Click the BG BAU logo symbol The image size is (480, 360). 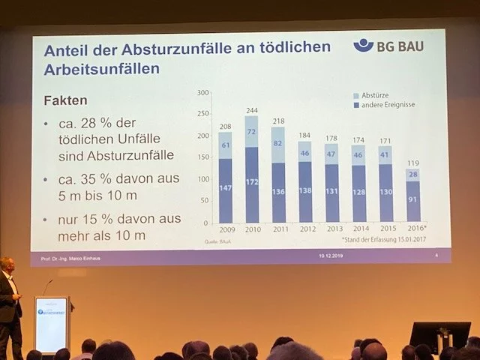pyautogui.click(x=364, y=45)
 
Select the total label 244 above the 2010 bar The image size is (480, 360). pyautogui.click(x=251, y=110)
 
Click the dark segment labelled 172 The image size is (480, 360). pyautogui.click(x=251, y=183)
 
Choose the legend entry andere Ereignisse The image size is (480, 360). pyautogui.click(x=384, y=105)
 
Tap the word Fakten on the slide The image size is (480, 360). pyautogui.click(x=66, y=100)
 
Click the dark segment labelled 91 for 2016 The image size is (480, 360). pyautogui.click(x=412, y=200)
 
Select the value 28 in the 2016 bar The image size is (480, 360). pyautogui.click(x=412, y=175)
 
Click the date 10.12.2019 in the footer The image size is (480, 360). pyautogui.click(x=331, y=256)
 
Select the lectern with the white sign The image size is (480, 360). pyautogui.click(x=51, y=323)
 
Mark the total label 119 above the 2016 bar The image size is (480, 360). pyautogui.click(x=412, y=162)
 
